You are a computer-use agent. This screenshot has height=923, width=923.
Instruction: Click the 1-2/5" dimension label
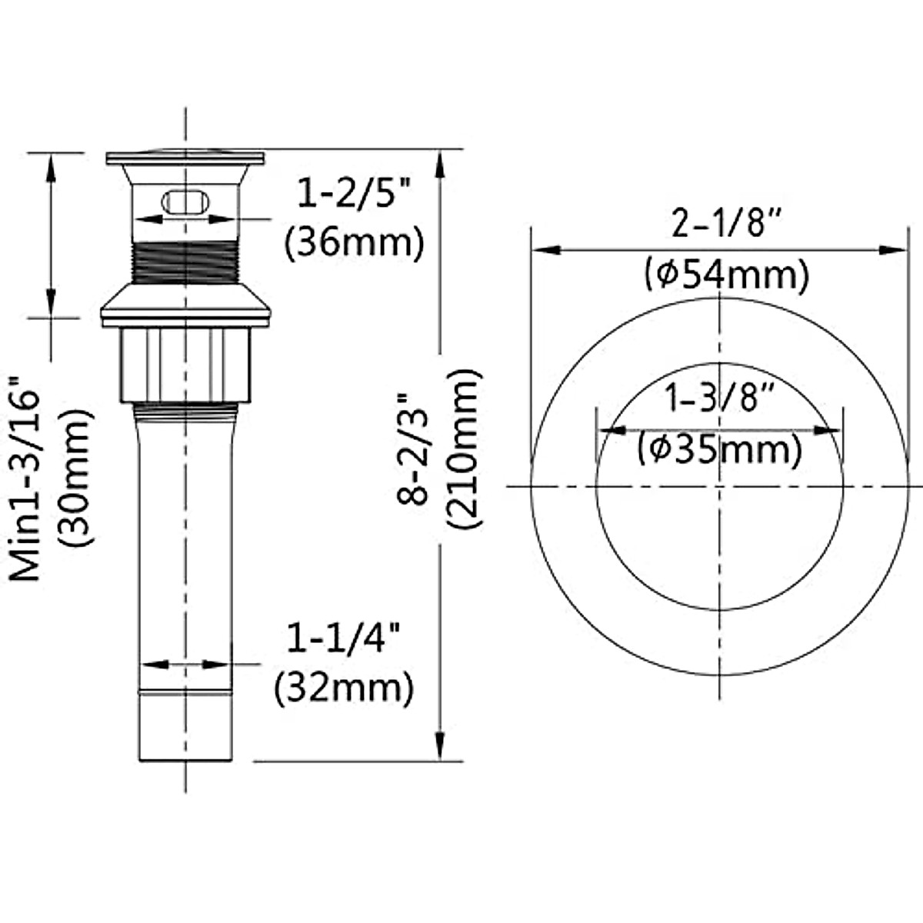click(x=355, y=192)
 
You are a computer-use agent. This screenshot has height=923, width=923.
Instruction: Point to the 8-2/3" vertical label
click(x=412, y=449)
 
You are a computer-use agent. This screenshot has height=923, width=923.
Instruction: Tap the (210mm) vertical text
click(x=463, y=448)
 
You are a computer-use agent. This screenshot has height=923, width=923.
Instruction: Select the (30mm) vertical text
click(x=75, y=478)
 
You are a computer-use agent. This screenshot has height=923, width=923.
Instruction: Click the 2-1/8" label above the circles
click(x=727, y=223)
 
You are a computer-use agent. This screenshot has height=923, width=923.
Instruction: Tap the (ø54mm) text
click(x=727, y=274)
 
